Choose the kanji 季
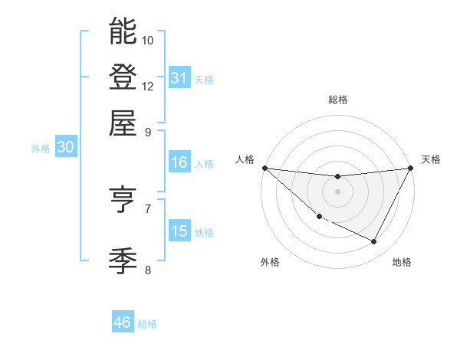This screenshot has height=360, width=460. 123,261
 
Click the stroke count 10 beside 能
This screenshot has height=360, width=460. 148,40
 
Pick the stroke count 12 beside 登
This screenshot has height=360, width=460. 148,86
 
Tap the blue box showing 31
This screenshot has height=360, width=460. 179,78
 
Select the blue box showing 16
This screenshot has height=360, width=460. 179,162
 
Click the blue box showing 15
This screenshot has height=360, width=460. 179,231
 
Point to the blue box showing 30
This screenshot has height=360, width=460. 65,148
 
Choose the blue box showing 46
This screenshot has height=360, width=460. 123,322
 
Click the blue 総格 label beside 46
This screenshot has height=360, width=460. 147,324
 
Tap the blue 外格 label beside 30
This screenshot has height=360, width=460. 41,149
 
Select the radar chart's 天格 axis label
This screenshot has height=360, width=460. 431,159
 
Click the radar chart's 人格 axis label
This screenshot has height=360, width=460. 245,159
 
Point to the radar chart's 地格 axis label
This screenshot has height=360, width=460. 402,263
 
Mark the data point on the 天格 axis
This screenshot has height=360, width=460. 411,168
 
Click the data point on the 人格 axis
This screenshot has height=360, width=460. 264,168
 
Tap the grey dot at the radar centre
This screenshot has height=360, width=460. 337,191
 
